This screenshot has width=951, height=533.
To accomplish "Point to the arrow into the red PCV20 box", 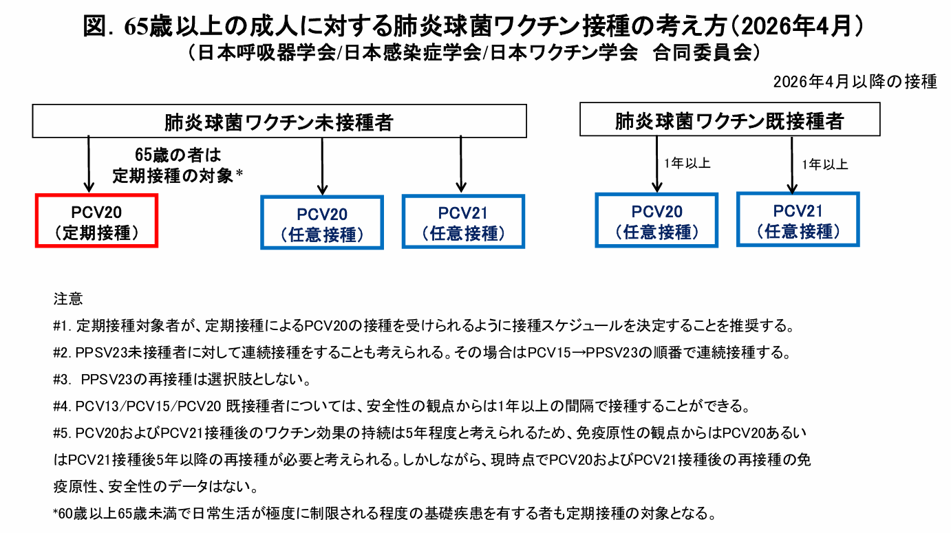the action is (x=89, y=164).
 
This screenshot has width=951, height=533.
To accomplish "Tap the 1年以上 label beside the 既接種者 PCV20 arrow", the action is (x=687, y=163).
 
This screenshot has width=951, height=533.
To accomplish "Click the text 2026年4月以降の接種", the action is (x=855, y=82).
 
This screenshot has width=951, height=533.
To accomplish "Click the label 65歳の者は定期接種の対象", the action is (x=178, y=166).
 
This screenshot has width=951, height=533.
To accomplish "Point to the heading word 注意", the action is (x=68, y=299).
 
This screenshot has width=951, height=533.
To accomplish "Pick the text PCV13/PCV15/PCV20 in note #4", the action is (x=148, y=406).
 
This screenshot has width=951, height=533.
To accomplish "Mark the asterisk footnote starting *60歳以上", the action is (x=384, y=514).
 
